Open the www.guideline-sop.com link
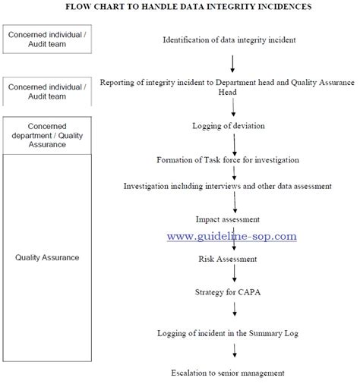tap(232, 236)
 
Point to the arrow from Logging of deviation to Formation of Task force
tap(235, 143)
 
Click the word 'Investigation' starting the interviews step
tap(150, 185)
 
